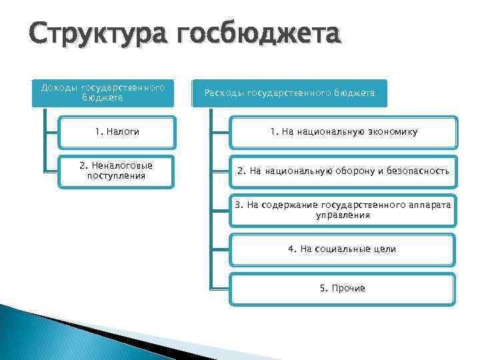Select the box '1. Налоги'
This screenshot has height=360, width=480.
tap(117, 132)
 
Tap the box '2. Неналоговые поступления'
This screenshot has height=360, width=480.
tap(116, 171)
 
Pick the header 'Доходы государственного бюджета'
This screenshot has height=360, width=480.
tap(103, 93)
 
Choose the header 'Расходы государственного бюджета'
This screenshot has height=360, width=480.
tap(289, 94)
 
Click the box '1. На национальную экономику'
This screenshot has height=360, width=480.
tap(343, 132)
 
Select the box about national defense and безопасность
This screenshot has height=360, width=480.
tap(343, 171)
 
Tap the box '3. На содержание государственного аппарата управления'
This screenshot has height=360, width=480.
tap(343, 210)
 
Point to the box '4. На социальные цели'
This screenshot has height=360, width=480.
tap(343, 249)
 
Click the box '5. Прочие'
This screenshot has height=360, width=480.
tap(343, 288)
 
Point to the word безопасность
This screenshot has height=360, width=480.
tap(415, 171)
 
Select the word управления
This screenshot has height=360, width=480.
tap(343, 215)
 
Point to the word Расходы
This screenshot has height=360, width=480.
tap(224, 94)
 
